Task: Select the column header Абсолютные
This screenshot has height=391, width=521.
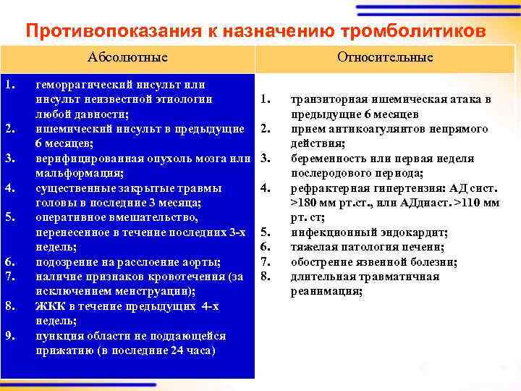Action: [127, 57]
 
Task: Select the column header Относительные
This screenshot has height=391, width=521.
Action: [385, 57]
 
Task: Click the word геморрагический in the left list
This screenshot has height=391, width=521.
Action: [82, 84]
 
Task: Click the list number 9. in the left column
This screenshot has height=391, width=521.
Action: [9, 335]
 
